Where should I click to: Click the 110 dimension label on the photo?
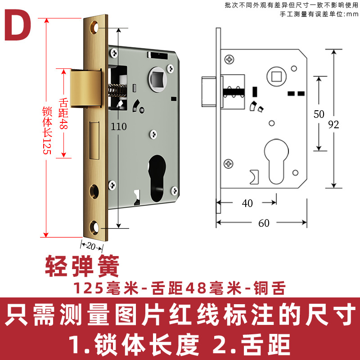tap(119, 127)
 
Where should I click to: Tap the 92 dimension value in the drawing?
tap(333, 125)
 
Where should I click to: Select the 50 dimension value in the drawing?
tap(319, 114)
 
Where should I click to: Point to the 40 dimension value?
tap(247, 203)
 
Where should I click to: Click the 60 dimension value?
tap(264, 223)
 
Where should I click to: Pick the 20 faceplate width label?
tap(92, 246)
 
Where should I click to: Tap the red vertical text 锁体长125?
tap(46, 130)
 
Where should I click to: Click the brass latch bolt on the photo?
tap(85, 88)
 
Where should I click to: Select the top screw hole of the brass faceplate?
tap(95, 27)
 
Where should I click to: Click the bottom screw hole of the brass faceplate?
tap(95, 226)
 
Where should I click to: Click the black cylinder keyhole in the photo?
tap(156, 173)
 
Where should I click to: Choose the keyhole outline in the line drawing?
tap(274, 160)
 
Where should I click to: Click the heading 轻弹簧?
tap(82, 267)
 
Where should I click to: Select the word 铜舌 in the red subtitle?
tap(269, 288)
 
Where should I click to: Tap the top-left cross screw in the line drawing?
tap(229, 59)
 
